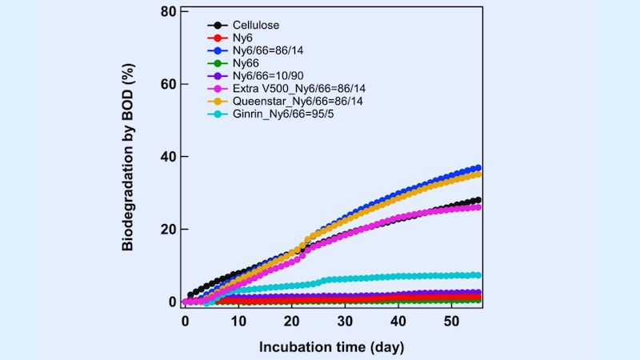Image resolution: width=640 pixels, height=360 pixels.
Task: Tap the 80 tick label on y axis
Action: pyautogui.click(x=168, y=12)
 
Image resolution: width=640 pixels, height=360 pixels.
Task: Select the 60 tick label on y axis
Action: pyautogui.click(x=168, y=84)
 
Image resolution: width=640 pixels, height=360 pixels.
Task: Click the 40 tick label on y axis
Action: pyautogui.click(x=168, y=157)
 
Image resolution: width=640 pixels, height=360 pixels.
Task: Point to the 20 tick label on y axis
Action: pyautogui.click(x=168, y=230)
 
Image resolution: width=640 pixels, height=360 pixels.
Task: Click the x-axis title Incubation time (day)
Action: pyautogui.click(x=331, y=347)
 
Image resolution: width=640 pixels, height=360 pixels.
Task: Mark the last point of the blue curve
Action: pyautogui.click(x=478, y=168)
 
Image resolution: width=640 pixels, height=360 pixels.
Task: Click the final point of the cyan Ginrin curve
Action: pyautogui.click(x=478, y=275)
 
